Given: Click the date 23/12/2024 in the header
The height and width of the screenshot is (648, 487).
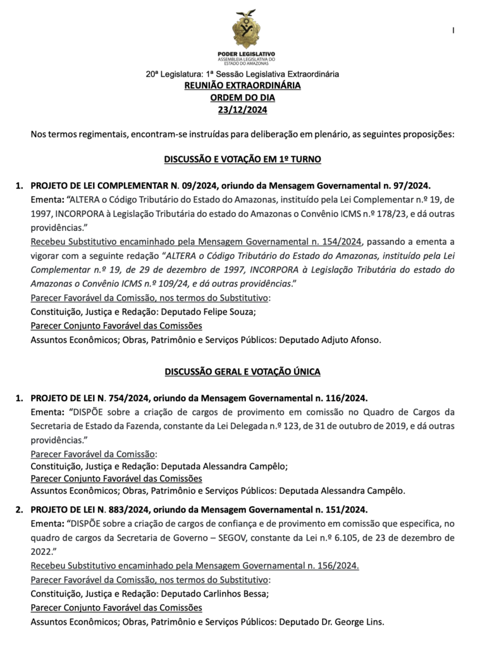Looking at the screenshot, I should (243, 109).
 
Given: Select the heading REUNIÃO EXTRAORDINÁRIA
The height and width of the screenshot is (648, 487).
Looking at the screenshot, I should (243, 85).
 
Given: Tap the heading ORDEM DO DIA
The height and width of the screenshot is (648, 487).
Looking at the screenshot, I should (243, 97).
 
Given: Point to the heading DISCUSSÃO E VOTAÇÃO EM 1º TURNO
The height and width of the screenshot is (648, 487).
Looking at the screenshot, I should (243, 159).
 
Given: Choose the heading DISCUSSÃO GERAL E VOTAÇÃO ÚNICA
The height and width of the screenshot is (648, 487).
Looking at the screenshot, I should (243, 371).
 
